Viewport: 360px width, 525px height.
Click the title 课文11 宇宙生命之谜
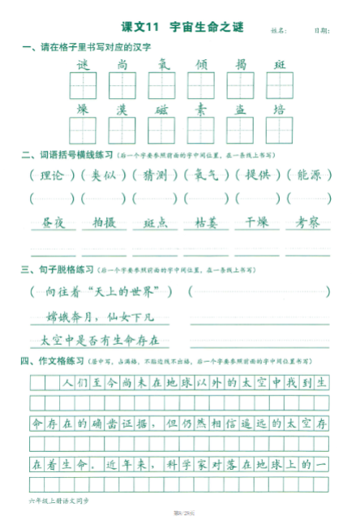[181, 28]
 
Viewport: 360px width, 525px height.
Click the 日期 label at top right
[321, 31]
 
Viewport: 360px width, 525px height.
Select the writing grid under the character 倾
[200, 84]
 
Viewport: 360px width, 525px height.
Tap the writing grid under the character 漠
[122, 130]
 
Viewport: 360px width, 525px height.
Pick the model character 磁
[161, 109]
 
